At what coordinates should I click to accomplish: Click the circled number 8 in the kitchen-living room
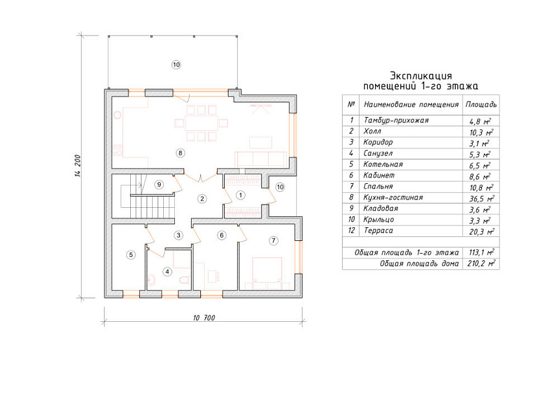coord(180,153)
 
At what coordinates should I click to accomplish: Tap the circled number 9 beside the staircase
coord(159,185)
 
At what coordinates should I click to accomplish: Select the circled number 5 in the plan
coord(131,255)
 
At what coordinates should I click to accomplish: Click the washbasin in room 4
coord(151,280)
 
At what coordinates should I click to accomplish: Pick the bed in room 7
coord(267,273)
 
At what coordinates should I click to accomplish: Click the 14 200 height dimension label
coord(78,166)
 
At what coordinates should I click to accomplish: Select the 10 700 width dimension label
coord(204,318)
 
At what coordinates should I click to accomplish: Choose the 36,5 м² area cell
coord(481,198)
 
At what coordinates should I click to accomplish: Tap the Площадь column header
coord(481,104)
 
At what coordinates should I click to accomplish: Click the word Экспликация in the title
coord(420,76)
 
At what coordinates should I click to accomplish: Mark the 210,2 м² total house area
coord(481,264)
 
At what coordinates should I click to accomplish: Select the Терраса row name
coord(378,231)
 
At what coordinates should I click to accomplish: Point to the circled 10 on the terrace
coord(176,65)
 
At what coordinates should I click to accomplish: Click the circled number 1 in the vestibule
coord(241,195)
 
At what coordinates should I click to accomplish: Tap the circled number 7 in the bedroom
coord(273,241)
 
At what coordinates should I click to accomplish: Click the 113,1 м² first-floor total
coord(481,253)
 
